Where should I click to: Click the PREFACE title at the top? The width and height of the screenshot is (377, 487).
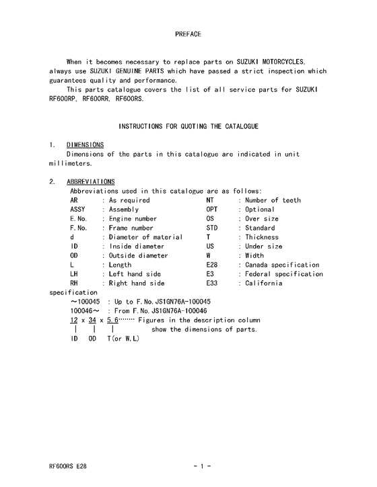(x=188, y=33)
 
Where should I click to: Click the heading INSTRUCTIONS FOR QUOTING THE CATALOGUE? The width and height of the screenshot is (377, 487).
(x=188, y=126)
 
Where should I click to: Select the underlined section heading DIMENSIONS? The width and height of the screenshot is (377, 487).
(x=85, y=145)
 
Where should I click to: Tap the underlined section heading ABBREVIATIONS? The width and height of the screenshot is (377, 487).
(x=91, y=181)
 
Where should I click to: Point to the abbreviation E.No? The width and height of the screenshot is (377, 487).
(x=79, y=219)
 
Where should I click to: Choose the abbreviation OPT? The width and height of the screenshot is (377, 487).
(x=212, y=210)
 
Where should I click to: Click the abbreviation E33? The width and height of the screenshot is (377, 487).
(x=212, y=283)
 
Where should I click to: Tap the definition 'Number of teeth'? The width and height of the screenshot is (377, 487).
(x=273, y=200)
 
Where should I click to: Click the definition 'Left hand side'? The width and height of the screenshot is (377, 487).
(x=135, y=274)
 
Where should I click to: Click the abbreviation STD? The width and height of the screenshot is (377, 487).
(x=212, y=228)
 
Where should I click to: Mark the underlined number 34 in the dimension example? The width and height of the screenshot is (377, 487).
(x=92, y=320)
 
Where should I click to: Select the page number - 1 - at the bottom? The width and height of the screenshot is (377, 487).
(x=203, y=466)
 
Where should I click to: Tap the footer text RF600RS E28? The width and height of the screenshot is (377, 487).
(x=67, y=466)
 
